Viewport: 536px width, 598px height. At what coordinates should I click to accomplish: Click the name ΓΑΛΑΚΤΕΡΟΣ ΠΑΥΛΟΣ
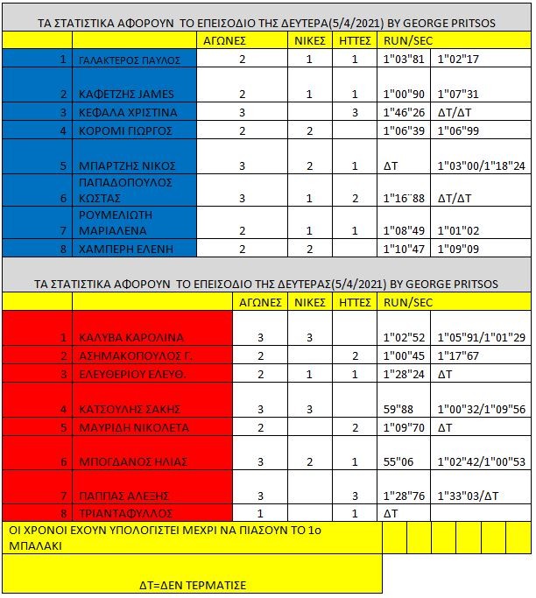coord(129,60)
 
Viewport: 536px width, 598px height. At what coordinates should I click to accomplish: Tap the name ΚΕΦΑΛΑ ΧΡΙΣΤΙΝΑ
coord(128,112)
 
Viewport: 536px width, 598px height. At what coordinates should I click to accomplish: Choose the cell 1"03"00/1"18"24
coord(482,165)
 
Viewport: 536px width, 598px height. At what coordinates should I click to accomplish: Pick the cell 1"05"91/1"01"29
coord(482,337)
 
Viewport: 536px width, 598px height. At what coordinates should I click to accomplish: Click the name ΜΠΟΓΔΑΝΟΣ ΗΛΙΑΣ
coord(130,461)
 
